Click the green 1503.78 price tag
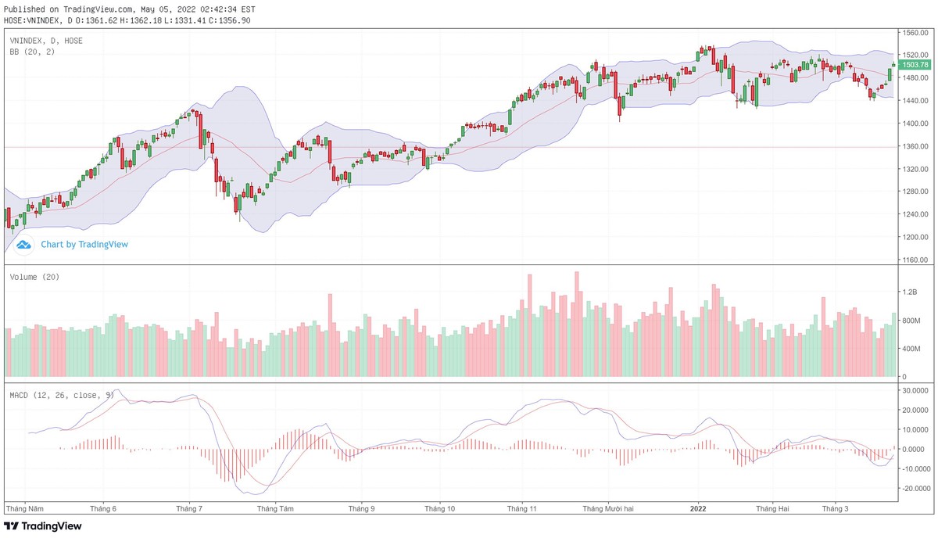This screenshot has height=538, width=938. (x=914, y=65)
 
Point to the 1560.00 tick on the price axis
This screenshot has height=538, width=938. (x=915, y=33)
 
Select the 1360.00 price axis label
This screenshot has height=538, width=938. (x=915, y=146)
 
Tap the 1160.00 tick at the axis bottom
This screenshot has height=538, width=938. (x=915, y=260)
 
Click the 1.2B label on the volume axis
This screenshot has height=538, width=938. (x=910, y=292)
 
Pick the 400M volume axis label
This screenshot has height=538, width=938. (x=911, y=349)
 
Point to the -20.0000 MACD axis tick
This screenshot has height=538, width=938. (x=914, y=488)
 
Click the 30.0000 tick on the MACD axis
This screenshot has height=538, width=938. (x=914, y=389)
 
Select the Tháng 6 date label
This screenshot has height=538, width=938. (x=104, y=508)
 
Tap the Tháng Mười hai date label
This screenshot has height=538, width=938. (x=608, y=508)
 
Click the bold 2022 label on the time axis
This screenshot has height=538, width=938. (x=698, y=508)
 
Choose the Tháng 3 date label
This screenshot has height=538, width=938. (x=835, y=508)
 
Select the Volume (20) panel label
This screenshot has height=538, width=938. (x=34, y=277)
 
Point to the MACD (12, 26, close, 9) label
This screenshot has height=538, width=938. (x=62, y=395)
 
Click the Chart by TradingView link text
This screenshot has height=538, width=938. (x=84, y=244)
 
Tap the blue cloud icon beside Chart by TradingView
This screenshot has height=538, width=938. (x=23, y=244)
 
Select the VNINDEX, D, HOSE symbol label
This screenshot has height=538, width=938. (x=46, y=40)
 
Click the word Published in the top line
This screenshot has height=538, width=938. (x=25, y=9)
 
